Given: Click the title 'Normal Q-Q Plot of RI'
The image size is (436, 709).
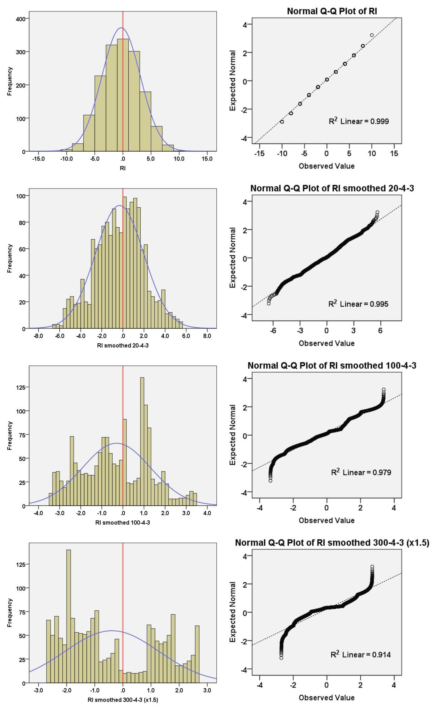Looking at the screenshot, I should [x=332, y=11].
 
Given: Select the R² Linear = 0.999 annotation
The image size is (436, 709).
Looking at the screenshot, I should [x=359, y=121].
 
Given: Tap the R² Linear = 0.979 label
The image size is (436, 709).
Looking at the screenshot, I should [x=361, y=472].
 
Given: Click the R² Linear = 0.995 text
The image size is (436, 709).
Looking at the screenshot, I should [x=358, y=304].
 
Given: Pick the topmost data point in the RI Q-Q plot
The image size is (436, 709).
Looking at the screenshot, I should [x=372, y=35].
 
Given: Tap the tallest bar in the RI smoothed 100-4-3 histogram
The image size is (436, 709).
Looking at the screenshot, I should [x=142, y=442].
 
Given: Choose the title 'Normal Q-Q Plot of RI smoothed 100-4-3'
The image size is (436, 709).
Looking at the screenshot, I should [x=332, y=365].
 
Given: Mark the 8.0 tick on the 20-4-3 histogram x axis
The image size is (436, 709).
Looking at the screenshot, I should [x=207, y=336].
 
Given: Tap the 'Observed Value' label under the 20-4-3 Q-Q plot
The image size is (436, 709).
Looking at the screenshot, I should [x=326, y=343].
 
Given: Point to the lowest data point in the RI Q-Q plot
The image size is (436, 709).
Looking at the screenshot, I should [x=282, y=122].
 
